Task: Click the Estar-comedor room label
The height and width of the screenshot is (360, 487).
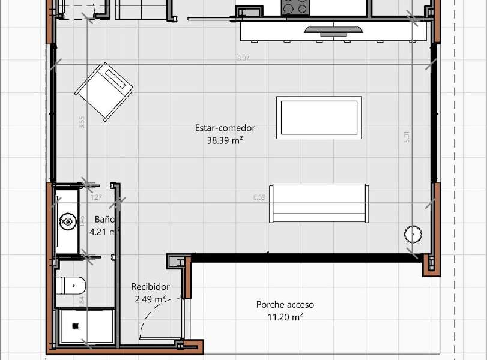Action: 225,128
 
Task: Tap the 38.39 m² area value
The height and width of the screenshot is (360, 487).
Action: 225,141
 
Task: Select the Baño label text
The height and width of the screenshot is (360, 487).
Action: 104,220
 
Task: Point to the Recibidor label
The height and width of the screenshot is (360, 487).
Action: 150,287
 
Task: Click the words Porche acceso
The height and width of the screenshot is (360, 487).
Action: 285,305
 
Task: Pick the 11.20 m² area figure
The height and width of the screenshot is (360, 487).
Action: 285,317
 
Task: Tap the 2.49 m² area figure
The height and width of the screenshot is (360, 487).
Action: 150,299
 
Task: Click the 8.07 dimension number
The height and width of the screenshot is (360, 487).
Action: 243,58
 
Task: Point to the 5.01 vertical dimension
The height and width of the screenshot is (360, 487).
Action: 407,137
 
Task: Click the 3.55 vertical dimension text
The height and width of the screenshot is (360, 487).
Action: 82,122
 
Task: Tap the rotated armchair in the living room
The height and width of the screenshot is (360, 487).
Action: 103,92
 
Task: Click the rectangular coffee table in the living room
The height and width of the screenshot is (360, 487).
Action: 319,118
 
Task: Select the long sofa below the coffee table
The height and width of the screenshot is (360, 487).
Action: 318,203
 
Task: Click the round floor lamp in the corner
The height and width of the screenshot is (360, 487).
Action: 413,233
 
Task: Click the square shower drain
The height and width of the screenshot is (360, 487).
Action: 76,326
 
